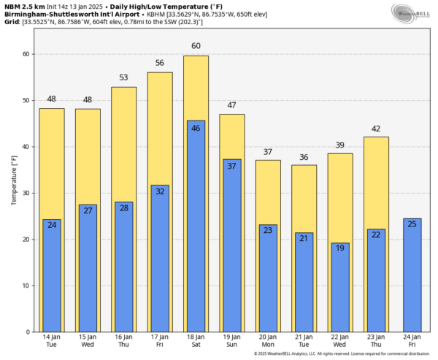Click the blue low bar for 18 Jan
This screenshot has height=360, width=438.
pos(196,226)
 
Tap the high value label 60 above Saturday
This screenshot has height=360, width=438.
pos(196,46)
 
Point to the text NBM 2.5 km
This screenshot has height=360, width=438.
pos(23,6)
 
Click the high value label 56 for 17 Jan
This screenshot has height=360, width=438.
pos(160,63)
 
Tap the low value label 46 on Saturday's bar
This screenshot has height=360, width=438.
pos(196,128)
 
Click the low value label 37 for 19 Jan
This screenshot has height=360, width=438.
pos(231,166)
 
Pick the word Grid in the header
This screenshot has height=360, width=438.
pos(10,21)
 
